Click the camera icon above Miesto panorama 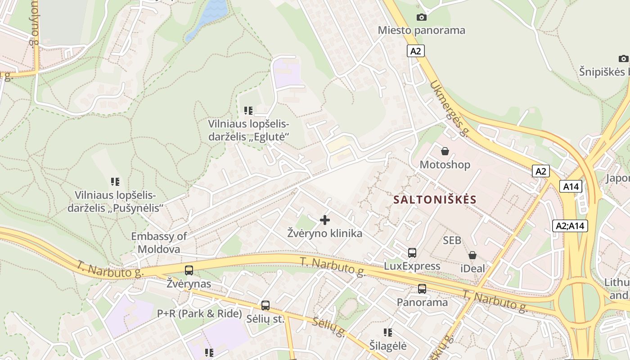[x=421, y=18]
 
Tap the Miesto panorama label [x=421, y=31]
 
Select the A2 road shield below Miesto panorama [x=416, y=51]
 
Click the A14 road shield [x=571, y=186]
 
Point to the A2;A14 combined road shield [x=570, y=225]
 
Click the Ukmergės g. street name [x=450, y=108]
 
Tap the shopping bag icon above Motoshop [x=445, y=151]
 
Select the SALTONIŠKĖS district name [x=435, y=200]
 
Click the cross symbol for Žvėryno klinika [x=324, y=220]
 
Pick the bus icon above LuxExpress [x=412, y=253]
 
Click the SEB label [x=452, y=241]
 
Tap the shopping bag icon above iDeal [x=472, y=256]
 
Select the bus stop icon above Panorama [x=422, y=289]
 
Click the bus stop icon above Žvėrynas [x=189, y=270]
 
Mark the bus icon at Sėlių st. [x=265, y=306]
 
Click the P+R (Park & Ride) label [x=199, y=314]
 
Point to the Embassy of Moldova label [x=159, y=243]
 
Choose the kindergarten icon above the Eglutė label [x=248, y=111]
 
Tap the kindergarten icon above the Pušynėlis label [x=115, y=182]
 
